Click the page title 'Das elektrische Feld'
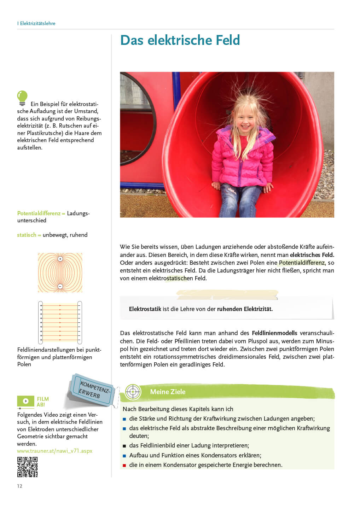pyautogui.click(x=180, y=40)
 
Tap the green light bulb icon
pyautogui.click(x=22, y=98)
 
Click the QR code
pyautogui.click(x=27, y=467)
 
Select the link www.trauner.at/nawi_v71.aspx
pyautogui.click(x=54, y=451)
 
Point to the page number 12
pyautogui.click(x=20, y=486)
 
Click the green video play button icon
pyautogui.click(x=26, y=401)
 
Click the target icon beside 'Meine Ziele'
pyautogui.click(x=133, y=392)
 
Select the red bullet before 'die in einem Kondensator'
pyautogui.click(x=124, y=465)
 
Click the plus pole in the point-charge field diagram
pyautogui.click(x=60, y=259)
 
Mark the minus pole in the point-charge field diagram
pyautogui.click(x=60, y=286)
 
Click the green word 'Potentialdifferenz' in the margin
pyautogui.click(x=39, y=213)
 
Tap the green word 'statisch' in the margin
pyautogui.click(x=27, y=235)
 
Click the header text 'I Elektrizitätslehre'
pyautogui.click(x=36, y=23)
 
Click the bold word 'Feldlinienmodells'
pyautogui.click(x=274, y=333)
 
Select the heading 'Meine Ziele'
pyautogui.click(x=168, y=392)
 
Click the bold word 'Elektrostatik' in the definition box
pyautogui.click(x=145, y=309)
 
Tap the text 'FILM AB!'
pyautogui.click(x=43, y=402)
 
